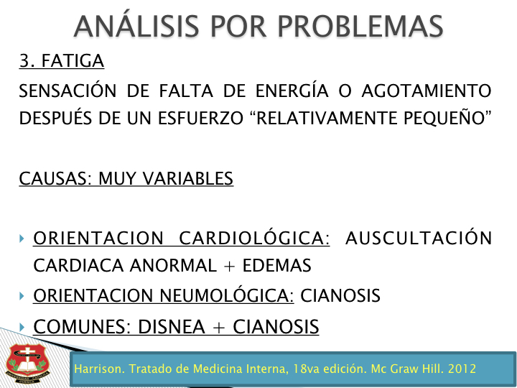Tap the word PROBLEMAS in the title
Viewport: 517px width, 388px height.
[360, 27]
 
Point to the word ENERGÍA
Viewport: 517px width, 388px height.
[292, 90]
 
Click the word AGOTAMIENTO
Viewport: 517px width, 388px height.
[427, 91]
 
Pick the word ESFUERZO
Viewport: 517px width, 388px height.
[200, 118]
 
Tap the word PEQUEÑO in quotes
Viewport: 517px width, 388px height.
[444, 117]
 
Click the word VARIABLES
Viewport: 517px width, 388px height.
[188, 179]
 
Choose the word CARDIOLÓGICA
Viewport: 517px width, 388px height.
[254, 237]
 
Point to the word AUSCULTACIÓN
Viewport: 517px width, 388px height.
[419, 237]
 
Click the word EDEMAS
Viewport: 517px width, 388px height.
[277, 266]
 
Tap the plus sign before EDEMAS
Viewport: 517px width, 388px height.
[229, 266]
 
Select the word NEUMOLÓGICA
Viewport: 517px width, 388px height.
[227, 295]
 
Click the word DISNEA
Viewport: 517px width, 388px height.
[172, 327]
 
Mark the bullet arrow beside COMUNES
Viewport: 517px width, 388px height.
[22, 328]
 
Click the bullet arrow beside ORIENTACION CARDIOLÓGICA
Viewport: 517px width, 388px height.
[22, 239]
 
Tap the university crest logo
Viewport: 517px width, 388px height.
[28, 364]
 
